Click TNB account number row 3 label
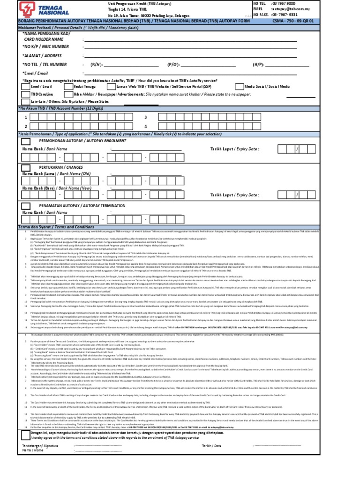pyautogui.click(x=146, y=117)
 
